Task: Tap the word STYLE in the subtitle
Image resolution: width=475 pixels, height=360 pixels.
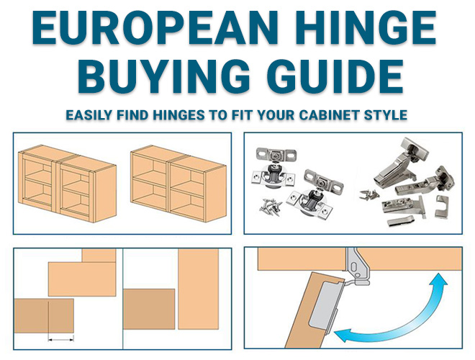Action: tap(384, 115)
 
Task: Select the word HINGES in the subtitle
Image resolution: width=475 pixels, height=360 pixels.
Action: tap(192, 115)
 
